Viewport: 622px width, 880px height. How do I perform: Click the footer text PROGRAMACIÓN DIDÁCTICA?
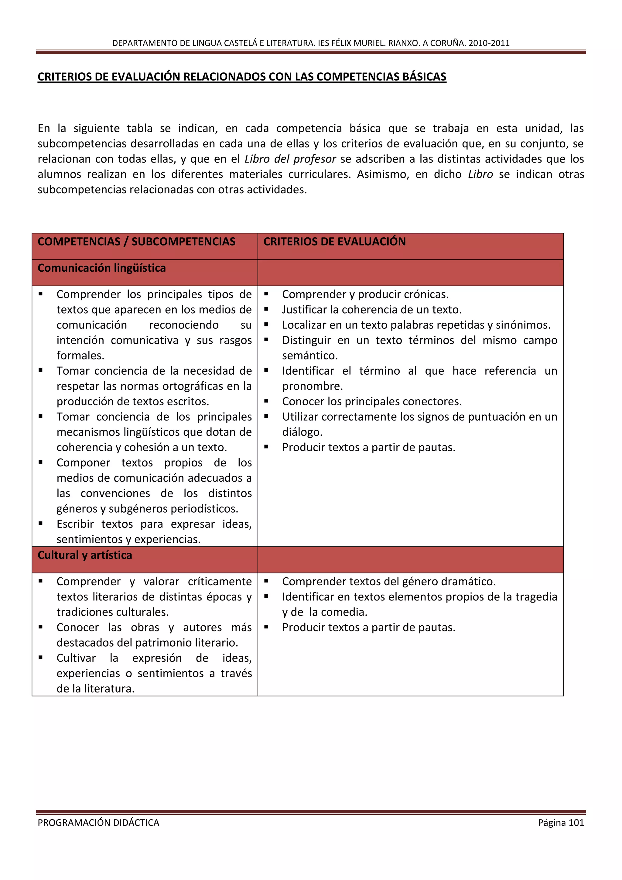[98, 823]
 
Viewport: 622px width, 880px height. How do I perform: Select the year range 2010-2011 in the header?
[489, 43]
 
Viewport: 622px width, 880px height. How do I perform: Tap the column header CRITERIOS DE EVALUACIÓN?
[334, 242]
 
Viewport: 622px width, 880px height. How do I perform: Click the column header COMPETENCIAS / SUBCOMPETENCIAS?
[136, 242]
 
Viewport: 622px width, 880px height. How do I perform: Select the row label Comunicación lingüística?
[101, 268]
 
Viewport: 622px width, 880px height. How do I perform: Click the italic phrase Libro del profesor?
[290, 159]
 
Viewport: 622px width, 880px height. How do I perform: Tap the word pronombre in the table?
[312, 386]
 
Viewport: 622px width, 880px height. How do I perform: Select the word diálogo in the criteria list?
[302, 432]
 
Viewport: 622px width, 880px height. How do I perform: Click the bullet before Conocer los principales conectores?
[266, 401]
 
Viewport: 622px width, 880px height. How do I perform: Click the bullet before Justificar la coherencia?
[266, 309]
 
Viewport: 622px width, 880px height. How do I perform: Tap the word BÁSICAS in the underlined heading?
[424, 77]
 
